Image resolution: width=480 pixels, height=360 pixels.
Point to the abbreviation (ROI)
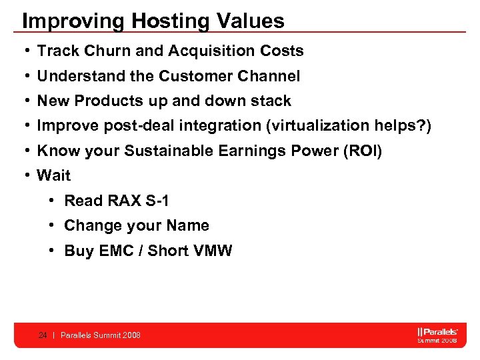point(361,151)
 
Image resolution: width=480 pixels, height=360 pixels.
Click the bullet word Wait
point(54,176)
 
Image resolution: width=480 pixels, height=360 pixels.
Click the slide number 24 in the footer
point(43,335)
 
